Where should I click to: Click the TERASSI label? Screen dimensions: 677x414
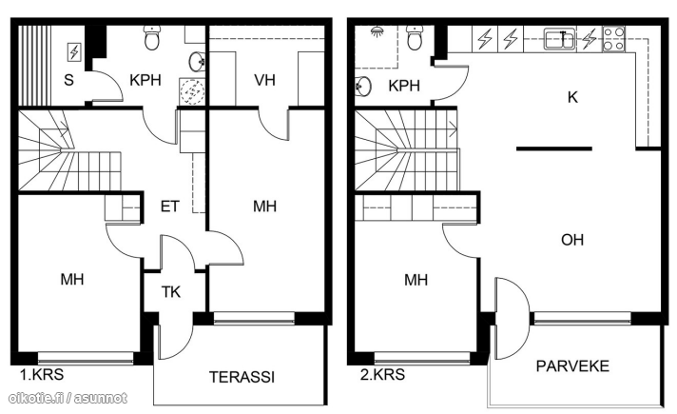click(x=242, y=377)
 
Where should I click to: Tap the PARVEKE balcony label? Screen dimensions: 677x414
click(x=572, y=366)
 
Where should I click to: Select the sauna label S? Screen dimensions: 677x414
click(x=68, y=80)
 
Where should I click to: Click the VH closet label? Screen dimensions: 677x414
click(x=264, y=80)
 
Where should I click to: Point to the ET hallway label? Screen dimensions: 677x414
click(x=169, y=207)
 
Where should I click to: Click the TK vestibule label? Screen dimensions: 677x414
click(x=171, y=292)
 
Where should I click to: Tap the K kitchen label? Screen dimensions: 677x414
click(x=572, y=97)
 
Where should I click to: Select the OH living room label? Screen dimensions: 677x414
click(x=572, y=240)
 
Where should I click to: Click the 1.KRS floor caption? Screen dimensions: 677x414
click(x=42, y=374)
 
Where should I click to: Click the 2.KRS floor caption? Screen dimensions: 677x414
click(x=382, y=374)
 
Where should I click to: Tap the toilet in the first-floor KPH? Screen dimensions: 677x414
click(x=152, y=37)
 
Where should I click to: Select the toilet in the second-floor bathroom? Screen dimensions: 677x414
click(x=415, y=37)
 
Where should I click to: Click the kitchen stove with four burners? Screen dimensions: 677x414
click(x=613, y=39)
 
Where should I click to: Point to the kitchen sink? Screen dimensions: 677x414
click(x=559, y=39)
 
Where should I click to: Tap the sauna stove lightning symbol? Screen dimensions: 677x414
click(x=74, y=52)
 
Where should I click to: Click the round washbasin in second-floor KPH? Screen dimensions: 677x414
click(x=362, y=87)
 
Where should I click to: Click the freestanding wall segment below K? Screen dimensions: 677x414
click(x=554, y=148)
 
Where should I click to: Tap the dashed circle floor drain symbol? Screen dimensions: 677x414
click(x=192, y=91)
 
